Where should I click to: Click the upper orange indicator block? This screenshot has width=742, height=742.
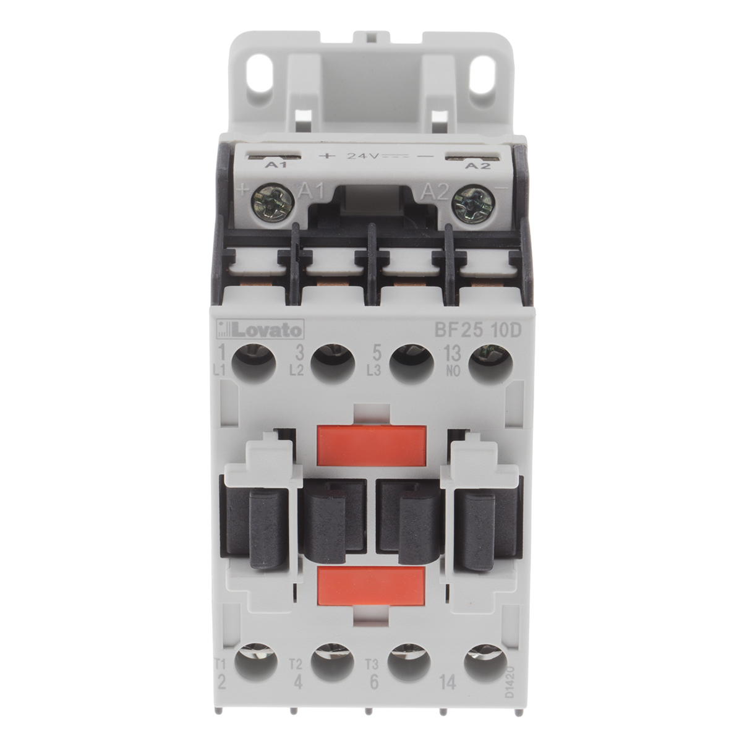coord(370,444)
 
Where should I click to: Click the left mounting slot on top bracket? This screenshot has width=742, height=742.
coord(264,83)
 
